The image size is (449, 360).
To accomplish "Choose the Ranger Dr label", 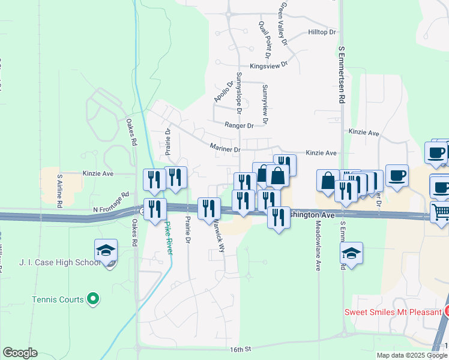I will point(239,125).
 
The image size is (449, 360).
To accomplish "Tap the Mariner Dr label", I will point(225,148).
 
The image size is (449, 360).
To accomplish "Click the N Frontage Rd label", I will point(111,203).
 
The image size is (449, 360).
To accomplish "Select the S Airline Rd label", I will point(60,191).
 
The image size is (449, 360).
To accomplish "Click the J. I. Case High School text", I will point(60,262).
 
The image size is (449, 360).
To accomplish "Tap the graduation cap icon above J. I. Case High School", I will point(106,251).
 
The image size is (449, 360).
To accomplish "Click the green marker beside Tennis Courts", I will point(92,298).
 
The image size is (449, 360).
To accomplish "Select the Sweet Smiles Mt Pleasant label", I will point(393,312).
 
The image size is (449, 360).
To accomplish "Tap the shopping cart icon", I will point(441,212).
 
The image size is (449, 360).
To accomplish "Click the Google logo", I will point(20,353).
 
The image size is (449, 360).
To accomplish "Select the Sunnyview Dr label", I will point(265,100).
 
